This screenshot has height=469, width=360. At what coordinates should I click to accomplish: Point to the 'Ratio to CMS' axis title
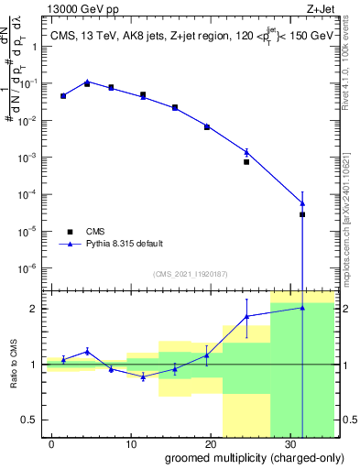tap(14, 364)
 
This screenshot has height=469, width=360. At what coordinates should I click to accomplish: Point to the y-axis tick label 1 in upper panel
tap(35, 46)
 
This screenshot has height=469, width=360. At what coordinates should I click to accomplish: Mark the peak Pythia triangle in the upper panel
tap(87, 82)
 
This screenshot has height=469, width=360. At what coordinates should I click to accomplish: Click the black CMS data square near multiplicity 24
tap(246, 162)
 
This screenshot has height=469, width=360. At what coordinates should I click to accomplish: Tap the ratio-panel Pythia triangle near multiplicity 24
tap(246, 316)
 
